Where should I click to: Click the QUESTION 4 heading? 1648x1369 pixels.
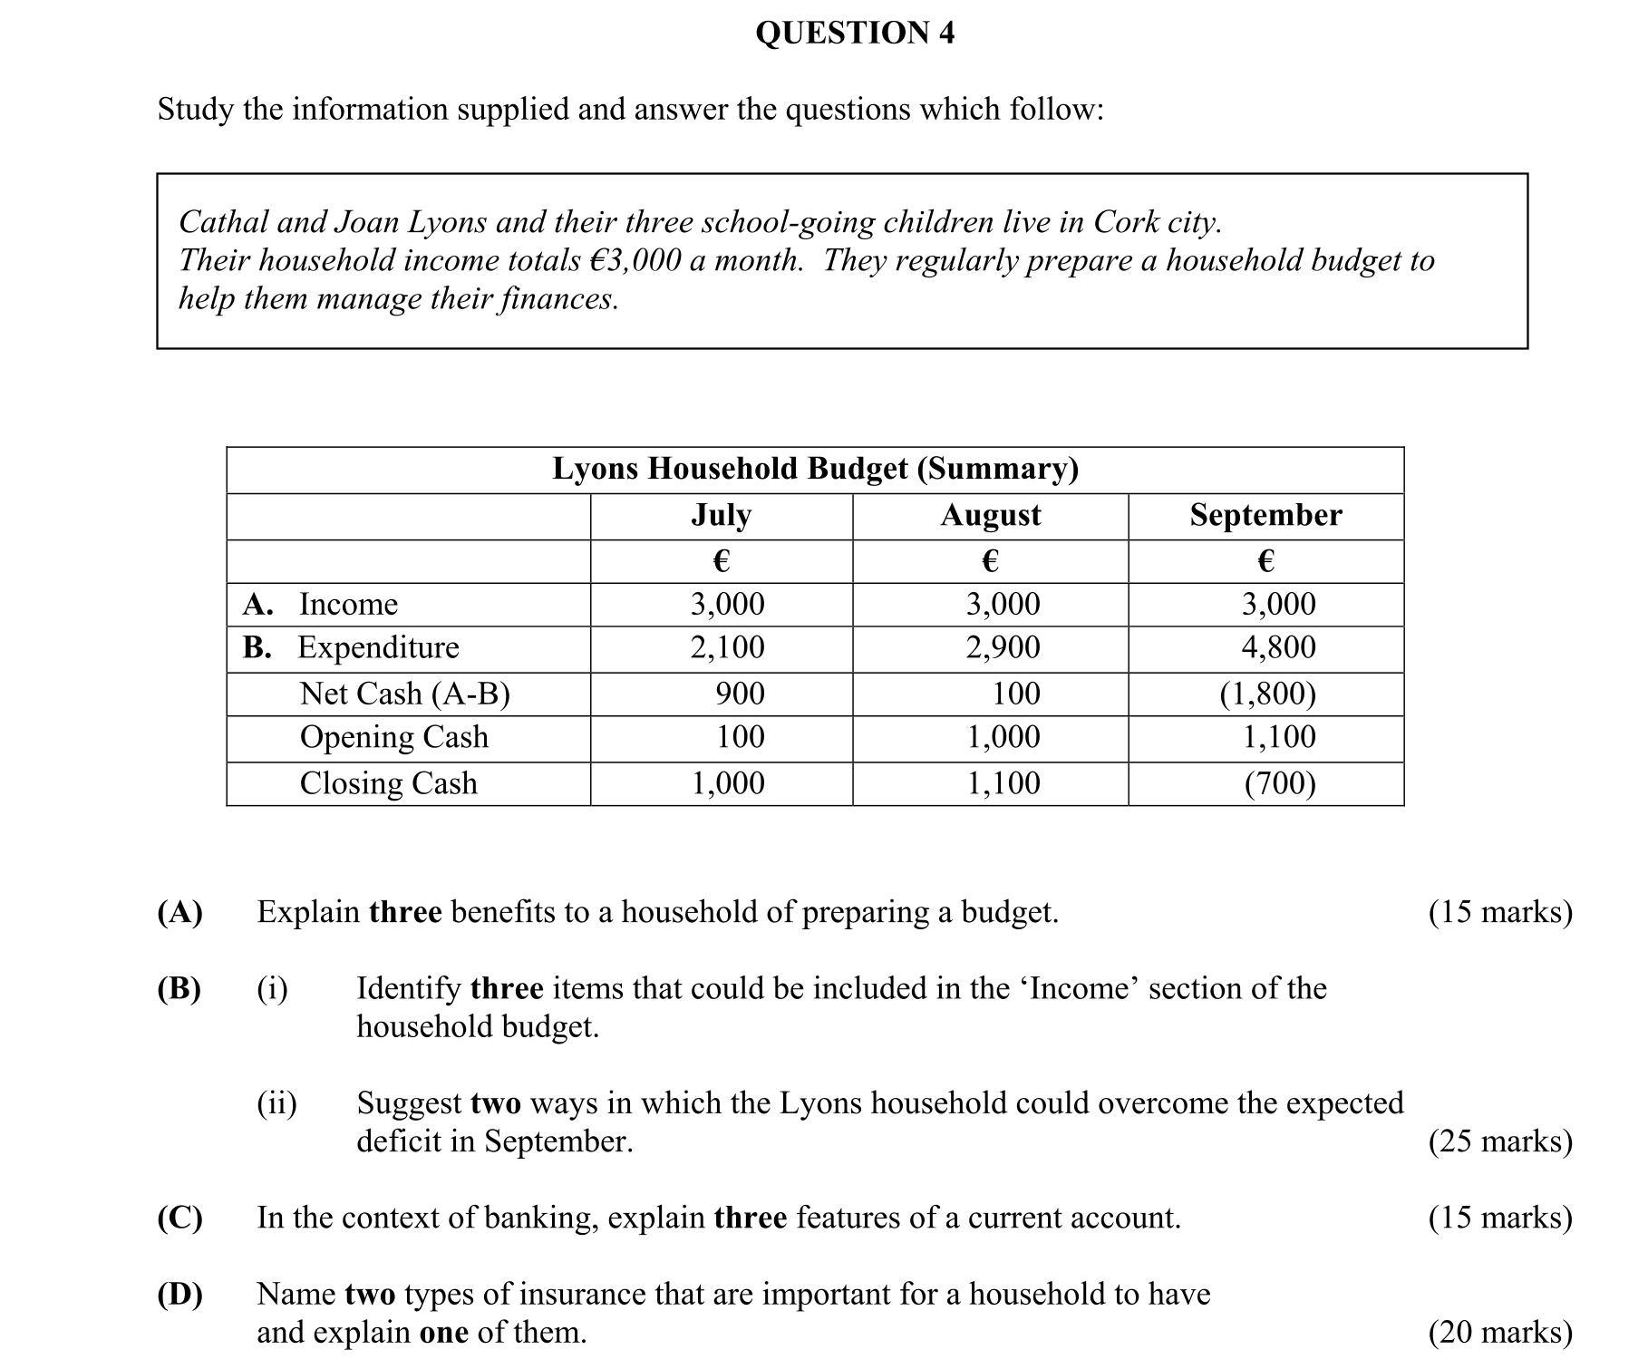pyautogui.click(x=854, y=34)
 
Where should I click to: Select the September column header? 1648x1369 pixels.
pyautogui.click(x=1265, y=515)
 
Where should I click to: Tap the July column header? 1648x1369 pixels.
pyautogui.click(x=721, y=515)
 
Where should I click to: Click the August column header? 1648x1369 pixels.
pyautogui.click(x=990, y=515)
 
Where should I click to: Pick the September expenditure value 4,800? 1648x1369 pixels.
pyautogui.click(x=1278, y=647)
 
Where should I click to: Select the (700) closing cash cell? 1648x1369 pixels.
pyautogui.click(x=1279, y=782)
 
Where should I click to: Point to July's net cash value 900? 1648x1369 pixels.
pyautogui.click(x=740, y=694)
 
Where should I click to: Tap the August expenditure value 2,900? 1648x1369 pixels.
pyautogui.click(x=1003, y=647)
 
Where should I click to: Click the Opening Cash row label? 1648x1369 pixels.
pyautogui.click(x=393, y=737)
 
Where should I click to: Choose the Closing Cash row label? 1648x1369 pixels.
pyautogui.click(x=388, y=782)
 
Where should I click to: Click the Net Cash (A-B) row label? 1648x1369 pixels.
pyautogui.click(x=404, y=694)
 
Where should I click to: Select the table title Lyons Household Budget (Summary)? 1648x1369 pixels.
pyautogui.click(x=815, y=469)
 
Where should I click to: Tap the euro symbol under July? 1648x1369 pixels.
pyautogui.click(x=721, y=561)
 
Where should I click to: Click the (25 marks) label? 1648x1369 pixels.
pyautogui.click(x=1499, y=1141)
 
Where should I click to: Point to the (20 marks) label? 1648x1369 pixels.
pyautogui.click(x=1499, y=1332)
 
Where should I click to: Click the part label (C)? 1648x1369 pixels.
pyautogui.click(x=179, y=1218)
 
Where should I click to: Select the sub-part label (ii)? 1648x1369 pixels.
pyautogui.click(x=276, y=1103)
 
